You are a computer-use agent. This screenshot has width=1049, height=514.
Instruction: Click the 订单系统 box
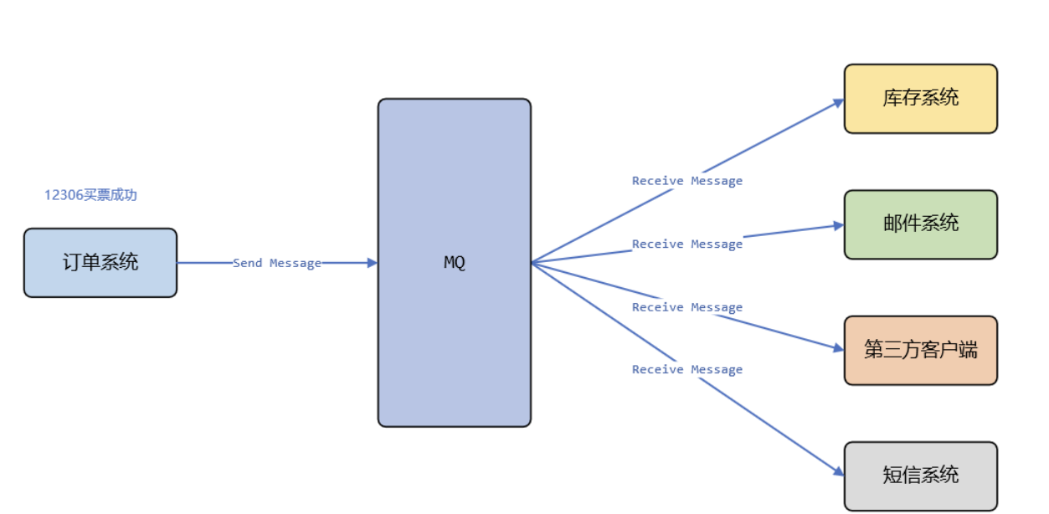tap(100, 263)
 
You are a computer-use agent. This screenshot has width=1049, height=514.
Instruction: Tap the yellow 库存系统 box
tap(920, 99)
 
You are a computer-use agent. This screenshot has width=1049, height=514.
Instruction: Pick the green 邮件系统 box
tap(920, 224)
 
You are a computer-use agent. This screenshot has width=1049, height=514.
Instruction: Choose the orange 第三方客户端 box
tap(920, 350)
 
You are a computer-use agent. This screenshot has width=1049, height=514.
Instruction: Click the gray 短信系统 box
tap(920, 475)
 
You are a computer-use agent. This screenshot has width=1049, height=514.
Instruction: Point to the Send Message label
tap(277, 263)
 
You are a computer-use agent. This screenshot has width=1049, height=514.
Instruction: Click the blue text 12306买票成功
tap(90, 195)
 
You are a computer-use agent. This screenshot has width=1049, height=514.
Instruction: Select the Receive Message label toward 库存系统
tap(686, 181)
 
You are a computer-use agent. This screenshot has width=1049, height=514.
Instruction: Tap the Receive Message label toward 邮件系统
tap(686, 244)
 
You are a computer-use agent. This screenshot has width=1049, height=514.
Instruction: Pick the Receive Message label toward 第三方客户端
tap(686, 307)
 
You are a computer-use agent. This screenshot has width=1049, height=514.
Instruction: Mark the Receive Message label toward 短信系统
tap(686, 369)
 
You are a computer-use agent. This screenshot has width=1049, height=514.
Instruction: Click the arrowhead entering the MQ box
tap(373, 263)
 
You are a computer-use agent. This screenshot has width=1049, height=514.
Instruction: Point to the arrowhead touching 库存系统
tap(838, 103)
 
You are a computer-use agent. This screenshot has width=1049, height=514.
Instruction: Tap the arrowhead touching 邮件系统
tap(838, 225)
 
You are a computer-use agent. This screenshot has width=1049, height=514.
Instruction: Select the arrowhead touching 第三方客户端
tap(838, 348)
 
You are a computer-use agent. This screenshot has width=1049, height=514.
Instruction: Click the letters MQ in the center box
tap(454, 263)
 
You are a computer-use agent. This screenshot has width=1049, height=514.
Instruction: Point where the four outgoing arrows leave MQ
tap(532, 263)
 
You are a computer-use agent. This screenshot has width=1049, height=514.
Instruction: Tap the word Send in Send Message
tap(247, 263)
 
